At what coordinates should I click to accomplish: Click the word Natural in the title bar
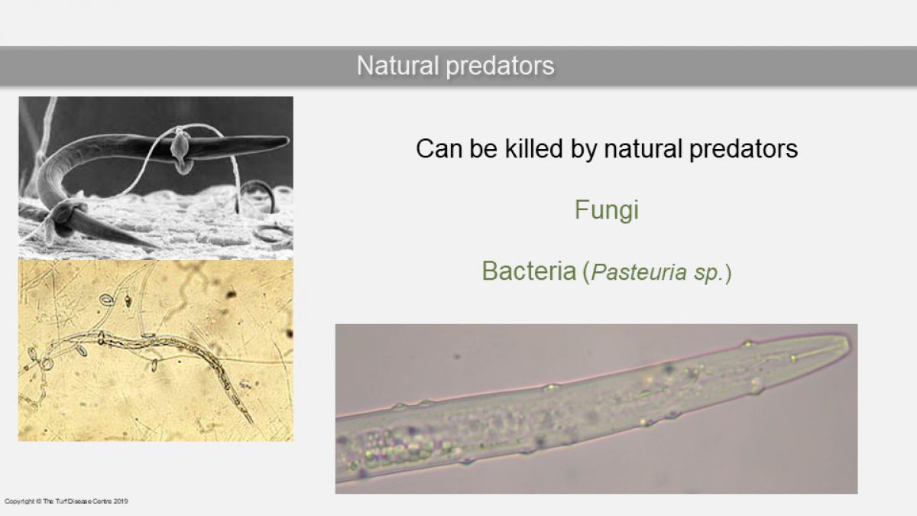pyautogui.click(x=398, y=66)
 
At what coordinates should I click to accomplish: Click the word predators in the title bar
pyautogui.click(x=501, y=67)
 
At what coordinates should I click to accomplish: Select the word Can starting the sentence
pyautogui.click(x=439, y=148)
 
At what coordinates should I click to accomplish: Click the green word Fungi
pyautogui.click(x=607, y=210)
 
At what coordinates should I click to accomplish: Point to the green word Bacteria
pyautogui.click(x=529, y=271)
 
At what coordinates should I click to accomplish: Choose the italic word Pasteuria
pyautogui.click(x=639, y=272)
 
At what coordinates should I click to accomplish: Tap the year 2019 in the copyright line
pyautogui.click(x=121, y=501)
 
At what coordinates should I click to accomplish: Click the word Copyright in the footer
pyautogui.click(x=20, y=501)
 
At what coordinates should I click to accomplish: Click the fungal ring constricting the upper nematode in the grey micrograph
pyautogui.click(x=180, y=148)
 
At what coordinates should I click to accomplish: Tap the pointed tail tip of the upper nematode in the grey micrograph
pyautogui.click(x=288, y=141)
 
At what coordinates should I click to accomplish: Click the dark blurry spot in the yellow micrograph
pyautogui.click(x=231, y=294)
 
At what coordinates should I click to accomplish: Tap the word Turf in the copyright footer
pyautogui.click(x=60, y=501)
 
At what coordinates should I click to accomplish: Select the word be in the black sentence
pyautogui.click(x=484, y=148)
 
